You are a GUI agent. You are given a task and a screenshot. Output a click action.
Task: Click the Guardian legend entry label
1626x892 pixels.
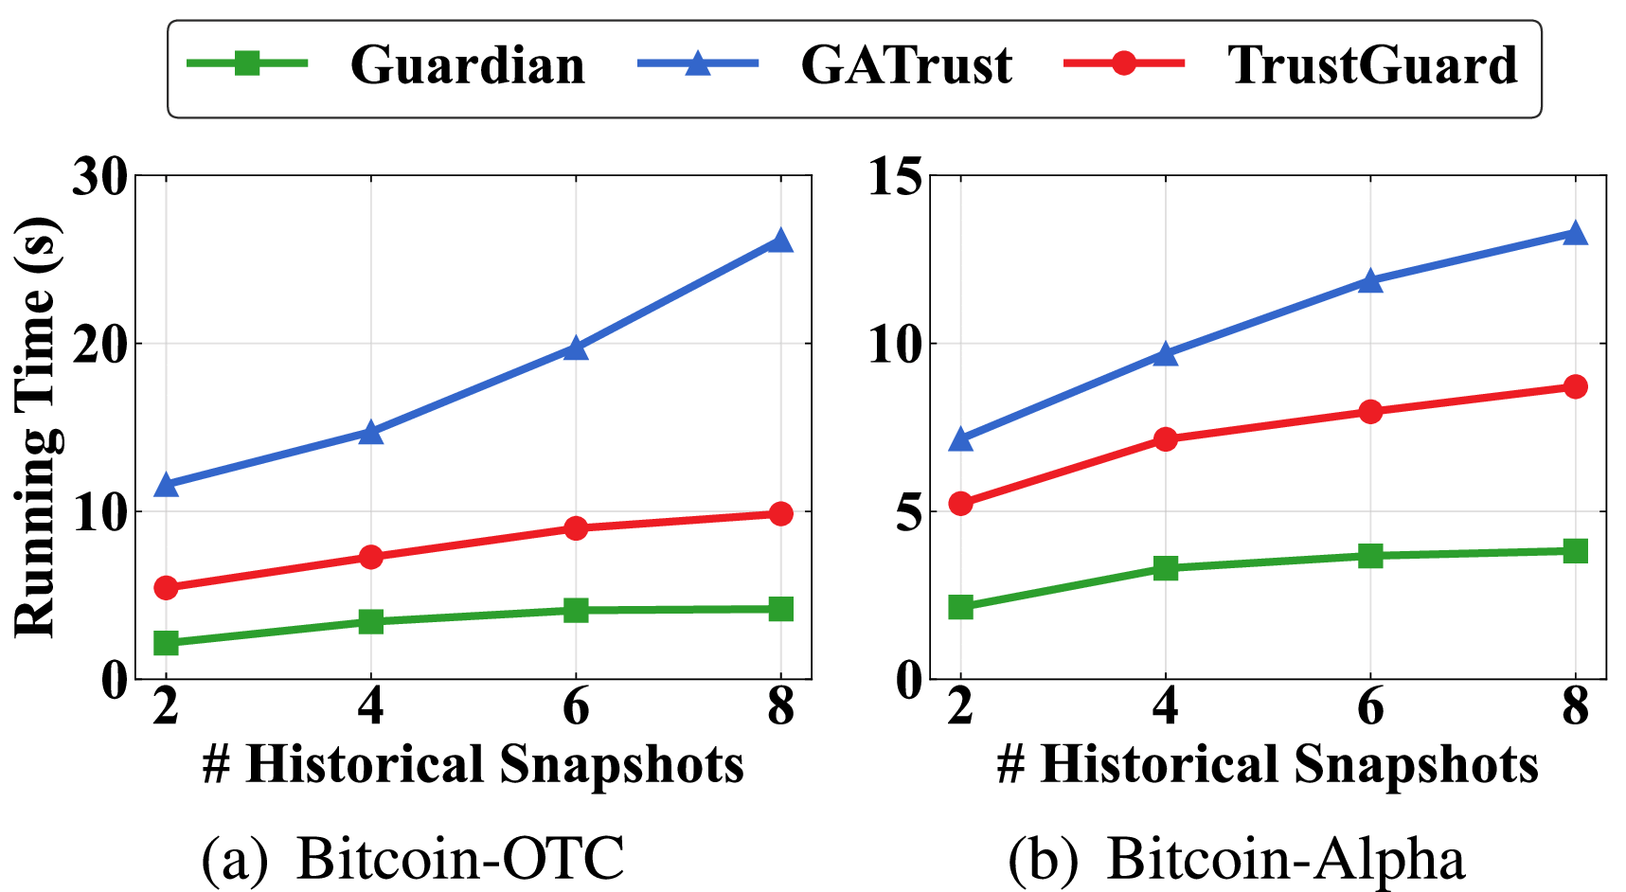tap(467, 65)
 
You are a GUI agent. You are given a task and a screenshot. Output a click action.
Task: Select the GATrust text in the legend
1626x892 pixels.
tap(906, 65)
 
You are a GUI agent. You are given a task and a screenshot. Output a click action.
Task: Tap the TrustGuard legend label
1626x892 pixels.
tap(1372, 65)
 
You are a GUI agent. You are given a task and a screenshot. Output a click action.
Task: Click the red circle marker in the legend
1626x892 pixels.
tap(1124, 63)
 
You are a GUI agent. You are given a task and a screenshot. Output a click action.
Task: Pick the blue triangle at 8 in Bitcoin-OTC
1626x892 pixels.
tap(780, 241)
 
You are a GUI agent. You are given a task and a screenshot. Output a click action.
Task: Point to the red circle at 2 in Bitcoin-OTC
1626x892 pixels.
tap(166, 588)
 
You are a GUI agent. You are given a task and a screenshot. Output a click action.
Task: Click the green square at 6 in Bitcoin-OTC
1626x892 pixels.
tap(576, 610)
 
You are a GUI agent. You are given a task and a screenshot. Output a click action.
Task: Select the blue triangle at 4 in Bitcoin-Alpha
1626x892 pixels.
tap(1166, 354)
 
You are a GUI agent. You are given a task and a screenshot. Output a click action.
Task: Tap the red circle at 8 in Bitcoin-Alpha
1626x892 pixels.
tap(1575, 386)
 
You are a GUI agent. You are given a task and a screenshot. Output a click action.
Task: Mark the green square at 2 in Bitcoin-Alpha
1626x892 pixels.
tap(960, 607)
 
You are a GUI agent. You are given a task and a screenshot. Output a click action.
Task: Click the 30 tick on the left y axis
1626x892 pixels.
tap(100, 176)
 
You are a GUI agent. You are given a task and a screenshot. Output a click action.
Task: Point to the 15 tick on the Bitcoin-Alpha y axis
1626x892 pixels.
tap(895, 176)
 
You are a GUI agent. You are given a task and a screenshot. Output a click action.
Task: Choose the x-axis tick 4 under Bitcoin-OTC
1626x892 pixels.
tap(370, 707)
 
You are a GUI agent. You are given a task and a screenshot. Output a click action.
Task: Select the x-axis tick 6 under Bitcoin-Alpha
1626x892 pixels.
tap(1370, 707)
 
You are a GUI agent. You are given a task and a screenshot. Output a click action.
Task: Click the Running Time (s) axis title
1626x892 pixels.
tap(36, 426)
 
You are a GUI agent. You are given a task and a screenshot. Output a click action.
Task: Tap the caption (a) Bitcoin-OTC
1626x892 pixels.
tap(413, 858)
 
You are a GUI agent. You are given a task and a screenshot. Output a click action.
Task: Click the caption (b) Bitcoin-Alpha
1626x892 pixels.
tap(1236, 858)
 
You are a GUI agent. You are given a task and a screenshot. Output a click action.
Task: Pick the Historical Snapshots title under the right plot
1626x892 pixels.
tap(1267, 764)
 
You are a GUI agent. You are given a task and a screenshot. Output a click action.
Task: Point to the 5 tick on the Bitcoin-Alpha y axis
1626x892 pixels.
tap(908, 512)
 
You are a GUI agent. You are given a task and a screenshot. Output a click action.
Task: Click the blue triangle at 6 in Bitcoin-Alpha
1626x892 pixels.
tap(1370, 280)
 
